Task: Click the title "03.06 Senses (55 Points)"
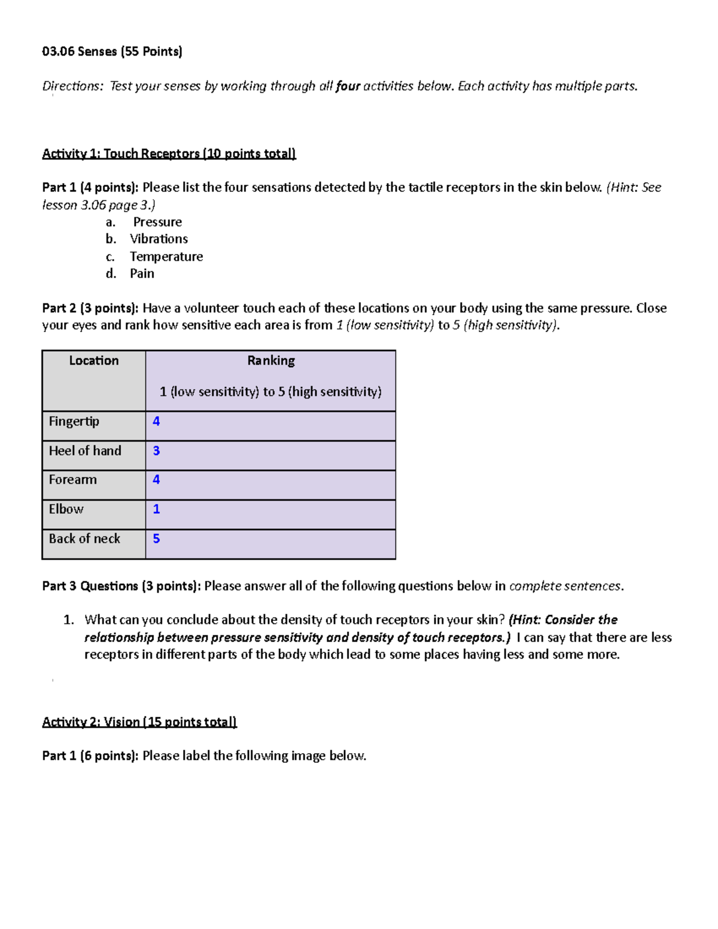pyautogui.click(x=112, y=51)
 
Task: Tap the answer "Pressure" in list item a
pyautogui.click(x=157, y=222)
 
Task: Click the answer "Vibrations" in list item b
pyautogui.click(x=159, y=239)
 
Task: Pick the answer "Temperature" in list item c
pyautogui.click(x=166, y=257)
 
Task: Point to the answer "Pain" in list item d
pyautogui.click(x=142, y=273)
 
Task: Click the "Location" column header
pyautogui.click(x=94, y=361)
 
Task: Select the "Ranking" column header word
pyautogui.click(x=271, y=361)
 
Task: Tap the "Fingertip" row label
pyautogui.click(x=74, y=421)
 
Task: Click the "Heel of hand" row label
pyautogui.click(x=85, y=451)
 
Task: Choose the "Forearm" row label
pyautogui.click(x=72, y=480)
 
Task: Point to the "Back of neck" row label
pyautogui.click(x=84, y=538)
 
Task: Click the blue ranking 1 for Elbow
pyautogui.click(x=156, y=509)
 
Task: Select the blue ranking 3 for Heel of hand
pyautogui.click(x=156, y=451)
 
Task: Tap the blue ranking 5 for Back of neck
pyautogui.click(x=156, y=538)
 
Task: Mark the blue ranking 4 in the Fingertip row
pyautogui.click(x=156, y=421)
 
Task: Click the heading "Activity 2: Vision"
pyautogui.click(x=139, y=722)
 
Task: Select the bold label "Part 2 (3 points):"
pyautogui.click(x=90, y=308)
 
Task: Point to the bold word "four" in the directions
pyautogui.click(x=348, y=86)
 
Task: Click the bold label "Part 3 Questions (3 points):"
pyautogui.click(x=121, y=586)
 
